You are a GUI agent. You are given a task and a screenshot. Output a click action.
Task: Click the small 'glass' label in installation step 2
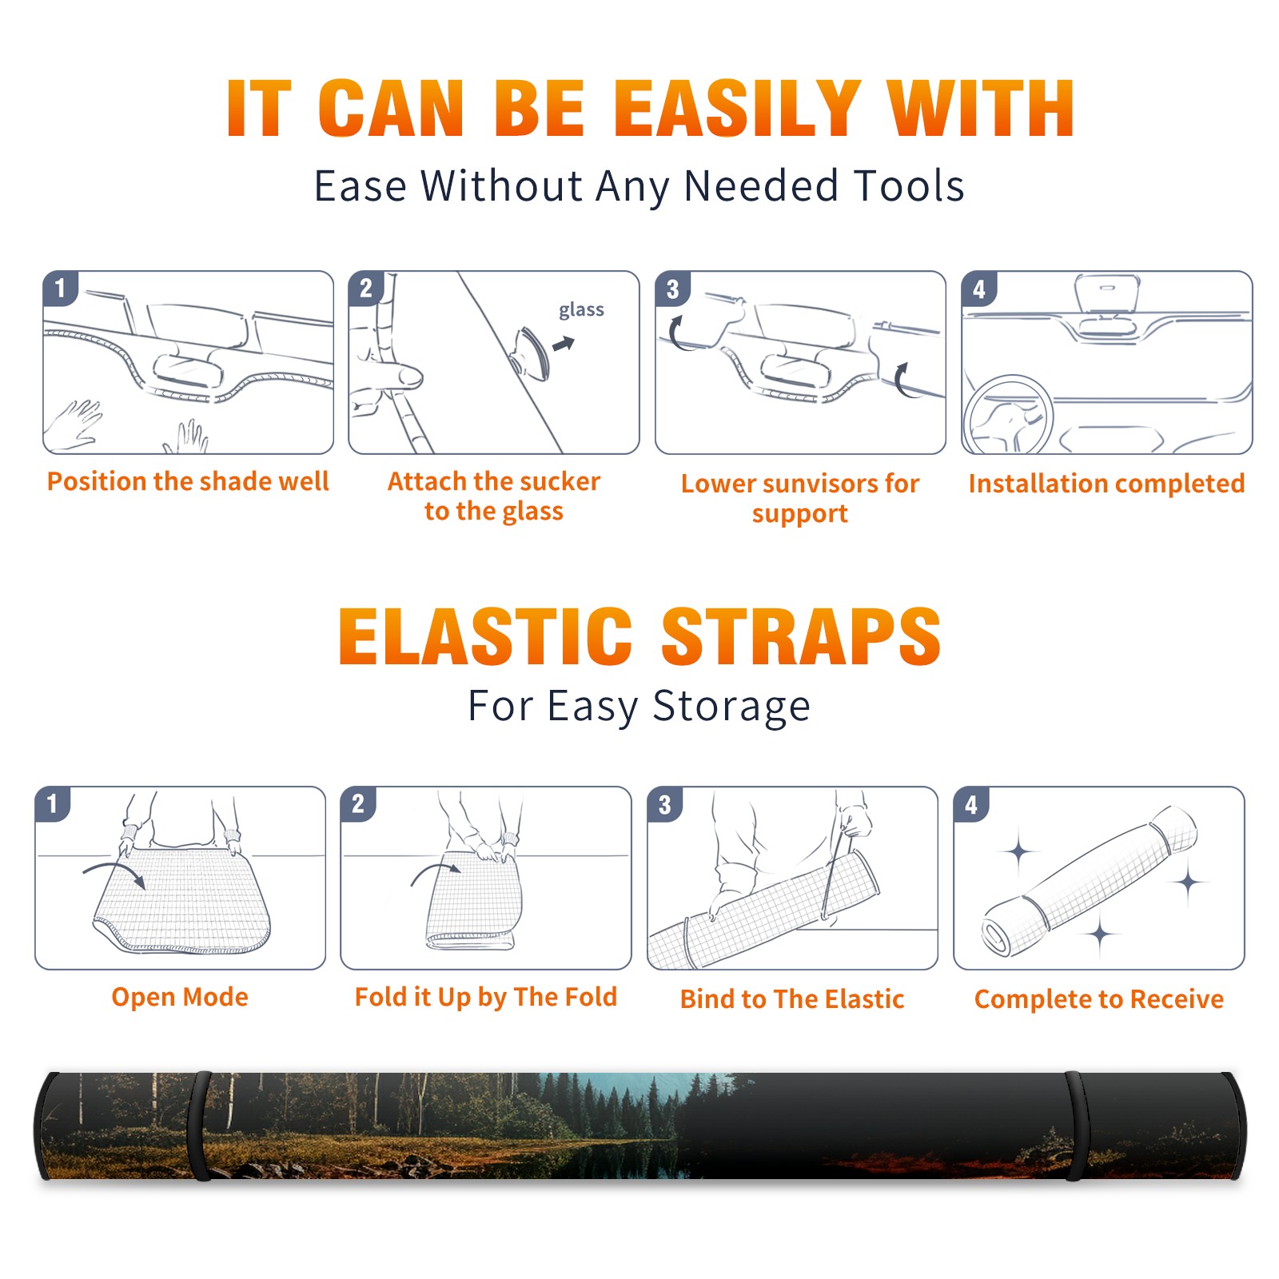click(x=581, y=310)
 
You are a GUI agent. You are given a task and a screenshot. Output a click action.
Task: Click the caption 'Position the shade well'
click(x=188, y=481)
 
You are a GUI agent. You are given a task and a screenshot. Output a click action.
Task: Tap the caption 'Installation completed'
click(x=1106, y=484)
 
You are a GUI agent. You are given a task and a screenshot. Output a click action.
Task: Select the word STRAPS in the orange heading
click(x=801, y=636)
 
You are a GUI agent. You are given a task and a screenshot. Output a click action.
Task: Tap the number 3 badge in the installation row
click(x=672, y=289)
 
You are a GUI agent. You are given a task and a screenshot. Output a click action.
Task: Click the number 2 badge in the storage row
click(x=358, y=804)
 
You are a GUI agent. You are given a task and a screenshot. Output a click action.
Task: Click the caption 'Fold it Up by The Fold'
click(x=486, y=998)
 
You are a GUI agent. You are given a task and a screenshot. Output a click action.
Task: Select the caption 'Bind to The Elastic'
click(x=792, y=999)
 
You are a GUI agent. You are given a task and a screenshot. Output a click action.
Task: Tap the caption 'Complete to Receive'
click(x=1099, y=999)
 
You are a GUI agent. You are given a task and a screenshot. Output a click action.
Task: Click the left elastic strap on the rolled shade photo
click(x=199, y=1126)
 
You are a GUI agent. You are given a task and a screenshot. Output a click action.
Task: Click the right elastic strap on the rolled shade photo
click(x=1077, y=1126)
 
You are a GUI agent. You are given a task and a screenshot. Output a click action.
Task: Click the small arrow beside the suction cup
click(x=564, y=345)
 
